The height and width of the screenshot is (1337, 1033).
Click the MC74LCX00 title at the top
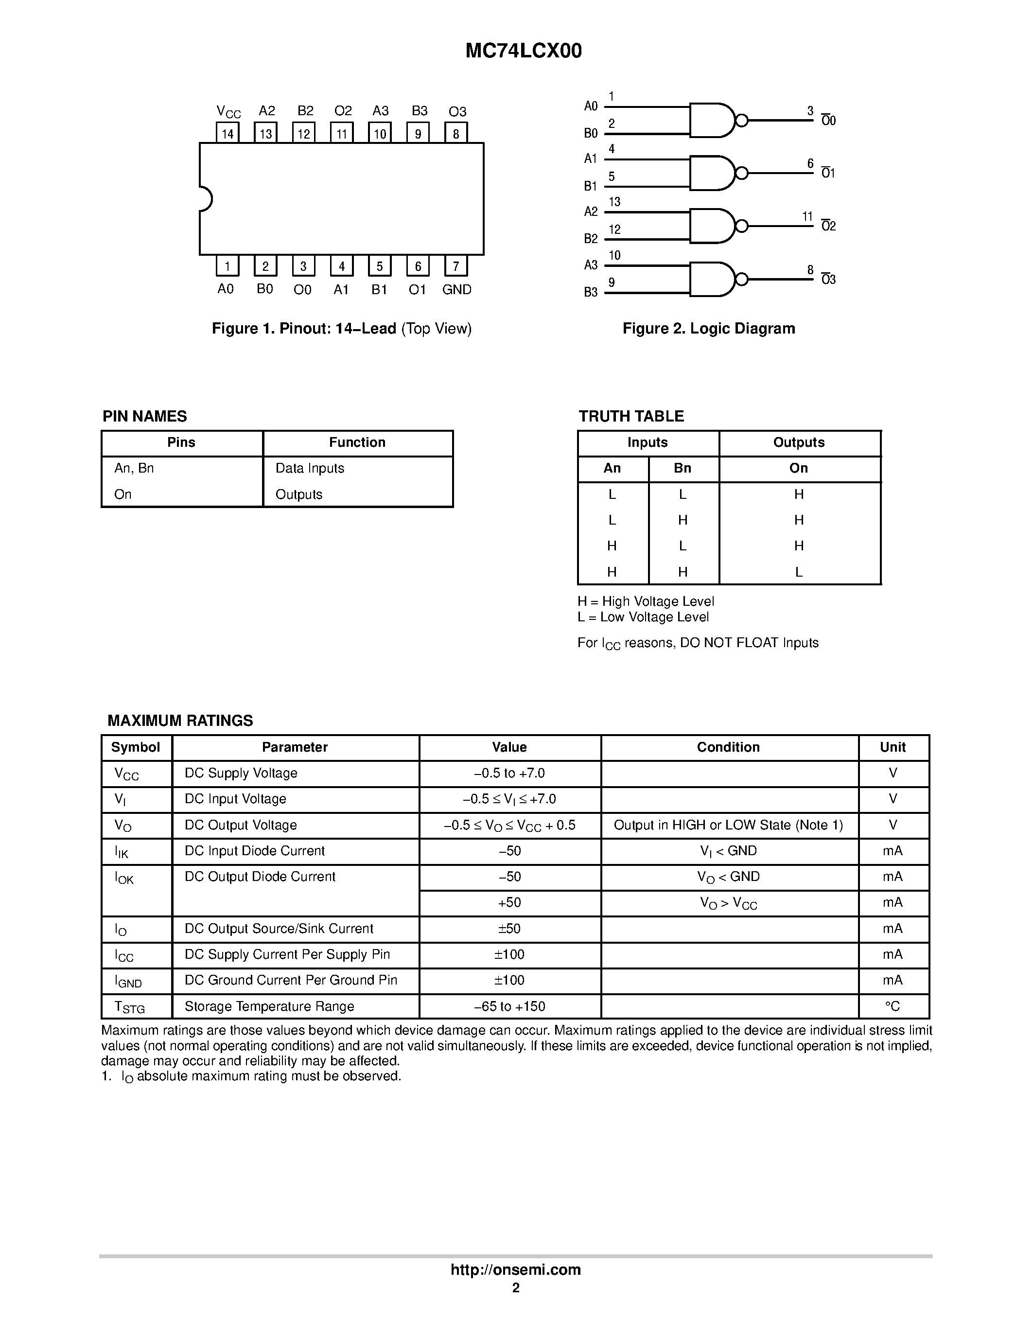[523, 51]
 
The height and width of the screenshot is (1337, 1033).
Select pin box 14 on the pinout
[228, 133]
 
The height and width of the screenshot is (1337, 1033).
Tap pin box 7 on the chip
[456, 265]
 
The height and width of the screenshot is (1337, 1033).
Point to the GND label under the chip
[456, 290]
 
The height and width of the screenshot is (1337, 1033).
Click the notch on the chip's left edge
[206, 199]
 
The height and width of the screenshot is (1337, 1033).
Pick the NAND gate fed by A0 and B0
[711, 120]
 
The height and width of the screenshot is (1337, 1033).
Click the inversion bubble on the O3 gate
[742, 280]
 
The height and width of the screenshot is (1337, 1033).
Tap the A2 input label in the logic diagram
[591, 212]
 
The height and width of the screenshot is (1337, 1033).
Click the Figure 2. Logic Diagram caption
[709, 329]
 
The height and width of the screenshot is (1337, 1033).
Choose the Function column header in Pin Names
[357, 442]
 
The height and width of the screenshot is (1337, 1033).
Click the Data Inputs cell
[310, 468]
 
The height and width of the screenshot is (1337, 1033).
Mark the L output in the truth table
[799, 572]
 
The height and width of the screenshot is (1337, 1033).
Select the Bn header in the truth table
[683, 468]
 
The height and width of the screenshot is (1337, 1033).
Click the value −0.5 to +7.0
[509, 773]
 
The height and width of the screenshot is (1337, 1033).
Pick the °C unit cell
[893, 1006]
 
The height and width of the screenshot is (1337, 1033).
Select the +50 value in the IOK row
[509, 902]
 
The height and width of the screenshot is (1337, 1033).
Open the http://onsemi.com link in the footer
[515, 1269]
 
